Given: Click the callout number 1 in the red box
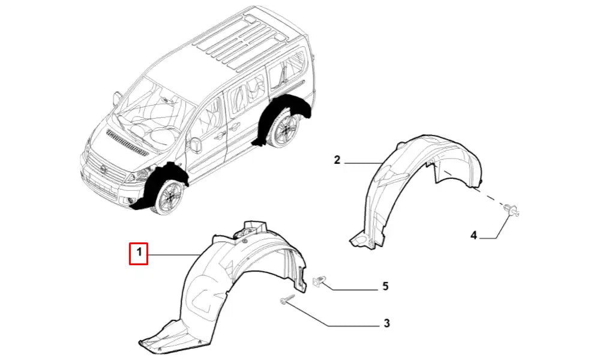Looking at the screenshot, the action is pyautogui.click(x=139, y=253).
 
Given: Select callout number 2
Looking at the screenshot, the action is pyautogui.click(x=337, y=160).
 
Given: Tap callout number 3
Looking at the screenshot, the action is pyautogui.click(x=386, y=323).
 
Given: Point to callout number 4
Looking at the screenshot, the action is pyautogui.click(x=474, y=235).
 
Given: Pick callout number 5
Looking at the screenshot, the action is pyautogui.click(x=385, y=286).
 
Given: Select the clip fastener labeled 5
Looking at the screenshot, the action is pyautogui.click(x=319, y=281).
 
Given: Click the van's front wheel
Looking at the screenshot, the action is pyautogui.click(x=170, y=197).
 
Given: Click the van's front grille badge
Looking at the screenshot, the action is pyautogui.click(x=103, y=168).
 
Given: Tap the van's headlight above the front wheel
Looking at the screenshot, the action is pyautogui.click(x=138, y=176).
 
